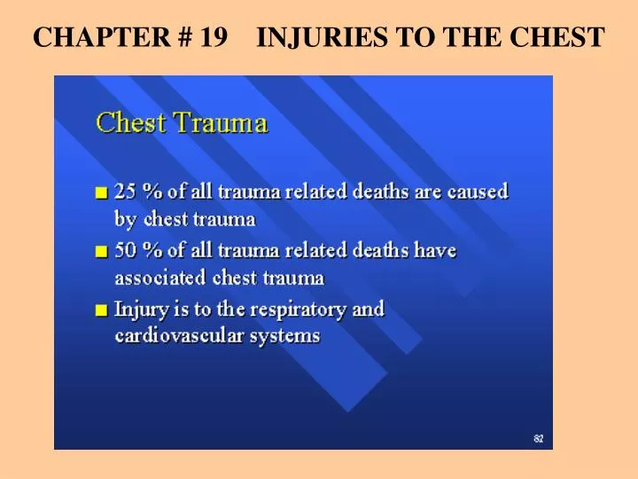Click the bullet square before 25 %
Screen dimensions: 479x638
103,192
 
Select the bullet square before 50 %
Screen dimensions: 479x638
103,252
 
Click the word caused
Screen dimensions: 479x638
479,192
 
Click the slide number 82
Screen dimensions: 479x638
538,438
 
